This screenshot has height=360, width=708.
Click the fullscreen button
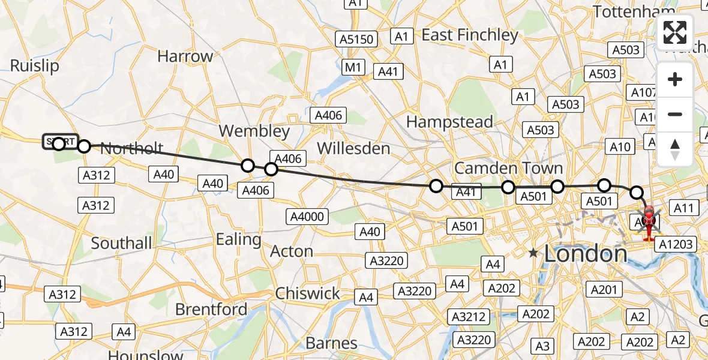(x=675, y=33)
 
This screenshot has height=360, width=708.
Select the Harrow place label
(x=185, y=56)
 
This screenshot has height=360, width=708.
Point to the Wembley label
(x=254, y=131)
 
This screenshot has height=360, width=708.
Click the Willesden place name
(x=353, y=148)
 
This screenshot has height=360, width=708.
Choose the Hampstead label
(x=449, y=121)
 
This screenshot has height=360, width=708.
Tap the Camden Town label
(x=508, y=167)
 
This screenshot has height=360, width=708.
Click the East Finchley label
(x=469, y=35)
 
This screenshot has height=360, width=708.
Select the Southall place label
(x=122, y=243)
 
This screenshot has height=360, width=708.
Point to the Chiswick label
(x=307, y=293)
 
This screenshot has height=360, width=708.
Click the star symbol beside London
(x=533, y=254)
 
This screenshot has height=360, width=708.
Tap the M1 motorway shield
(x=352, y=67)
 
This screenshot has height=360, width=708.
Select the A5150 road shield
(x=356, y=40)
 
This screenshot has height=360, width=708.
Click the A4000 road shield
(x=307, y=217)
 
